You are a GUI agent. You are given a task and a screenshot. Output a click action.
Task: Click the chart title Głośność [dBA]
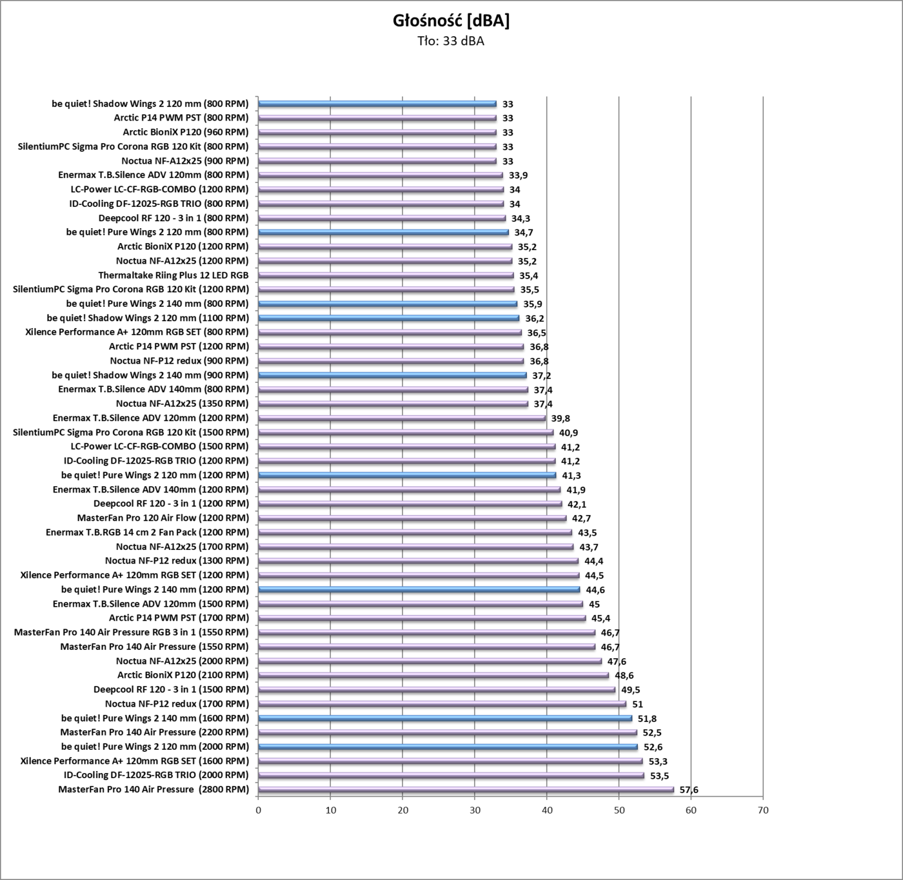(451, 21)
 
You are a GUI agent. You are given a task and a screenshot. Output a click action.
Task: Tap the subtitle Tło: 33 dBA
(451, 42)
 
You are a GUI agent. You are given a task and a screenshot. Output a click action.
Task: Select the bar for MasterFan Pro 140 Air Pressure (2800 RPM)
(466, 790)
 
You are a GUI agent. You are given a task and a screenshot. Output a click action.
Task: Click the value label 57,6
(689, 790)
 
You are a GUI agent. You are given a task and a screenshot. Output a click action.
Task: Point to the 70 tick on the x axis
(763, 810)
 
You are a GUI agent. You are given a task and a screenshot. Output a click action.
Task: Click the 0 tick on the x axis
(258, 810)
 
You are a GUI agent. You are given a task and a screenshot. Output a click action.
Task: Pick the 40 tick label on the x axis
(547, 810)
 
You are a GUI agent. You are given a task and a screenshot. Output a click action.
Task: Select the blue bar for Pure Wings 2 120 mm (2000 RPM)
(448, 747)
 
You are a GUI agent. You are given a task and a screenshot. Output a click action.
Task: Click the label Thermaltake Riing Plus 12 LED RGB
(173, 275)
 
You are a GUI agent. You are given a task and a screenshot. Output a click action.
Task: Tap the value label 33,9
(518, 175)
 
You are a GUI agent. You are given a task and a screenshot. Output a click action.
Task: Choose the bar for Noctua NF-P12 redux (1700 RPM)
(442, 704)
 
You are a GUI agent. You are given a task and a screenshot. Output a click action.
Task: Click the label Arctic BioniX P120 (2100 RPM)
(183, 675)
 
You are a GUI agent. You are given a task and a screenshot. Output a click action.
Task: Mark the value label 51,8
(648, 718)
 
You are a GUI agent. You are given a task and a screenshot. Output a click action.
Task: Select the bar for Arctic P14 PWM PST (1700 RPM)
(422, 618)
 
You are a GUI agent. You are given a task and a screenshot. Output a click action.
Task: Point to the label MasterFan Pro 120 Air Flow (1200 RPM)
(163, 518)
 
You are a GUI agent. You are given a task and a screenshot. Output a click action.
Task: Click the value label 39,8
(561, 418)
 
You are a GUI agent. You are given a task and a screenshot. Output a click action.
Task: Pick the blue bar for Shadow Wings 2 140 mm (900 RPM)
(392, 375)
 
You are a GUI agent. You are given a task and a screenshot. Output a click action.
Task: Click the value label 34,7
(524, 233)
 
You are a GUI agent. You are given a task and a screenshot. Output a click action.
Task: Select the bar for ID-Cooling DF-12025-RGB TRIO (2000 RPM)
(451, 776)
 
